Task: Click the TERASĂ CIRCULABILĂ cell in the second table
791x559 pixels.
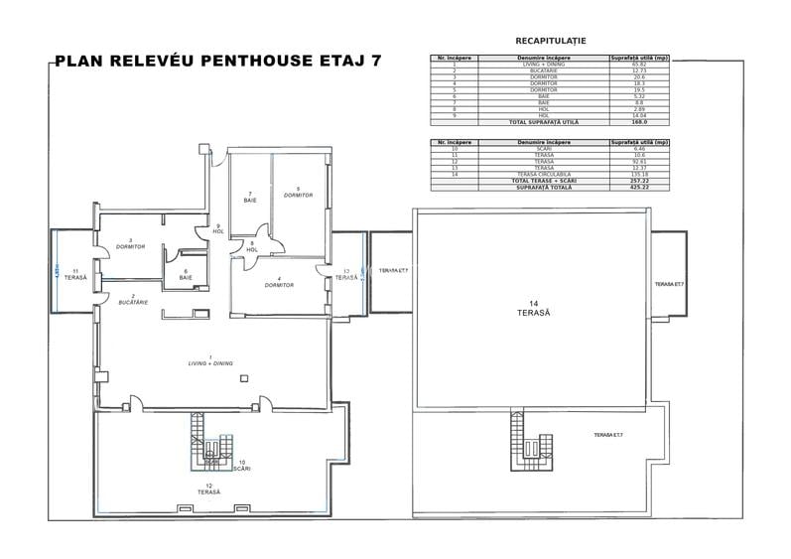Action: [543, 174]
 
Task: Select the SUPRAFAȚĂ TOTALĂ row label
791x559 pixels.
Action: [543, 187]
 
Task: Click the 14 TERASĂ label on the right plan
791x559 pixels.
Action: [533, 308]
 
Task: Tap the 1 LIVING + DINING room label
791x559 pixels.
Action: [210, 361]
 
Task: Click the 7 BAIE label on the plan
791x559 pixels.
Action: [250, 197]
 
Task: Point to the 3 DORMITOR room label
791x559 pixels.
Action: [130, 243]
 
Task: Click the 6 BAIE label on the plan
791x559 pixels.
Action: [186, 275]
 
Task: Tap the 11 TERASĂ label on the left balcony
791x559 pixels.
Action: [75, 274]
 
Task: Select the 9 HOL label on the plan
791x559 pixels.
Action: [217, 228]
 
